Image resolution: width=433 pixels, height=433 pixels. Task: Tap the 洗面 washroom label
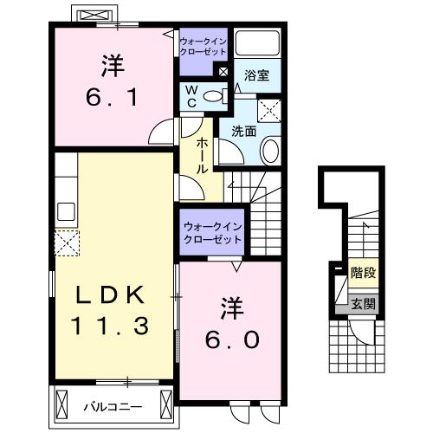pyautogui.click(x=242, y=132)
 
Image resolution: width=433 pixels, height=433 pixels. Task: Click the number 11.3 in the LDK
pyautogui.click(x=108, y=326)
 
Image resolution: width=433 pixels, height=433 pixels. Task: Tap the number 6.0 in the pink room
pyautogui.click(x=230, y=339)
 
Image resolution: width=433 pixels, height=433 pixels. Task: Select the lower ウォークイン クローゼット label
pyautogui.click(x=211, y=232)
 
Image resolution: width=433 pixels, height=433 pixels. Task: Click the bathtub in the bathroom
pyautogui.click(x=255, y=45)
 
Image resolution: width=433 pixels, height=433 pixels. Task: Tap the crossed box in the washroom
pyautogui.click(x=271, y=108)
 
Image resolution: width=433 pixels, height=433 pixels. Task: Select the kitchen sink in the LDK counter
pyautogui.click(x=66, y=210)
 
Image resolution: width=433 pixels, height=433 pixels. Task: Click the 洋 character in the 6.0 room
pyautogui.click(x=230, y=307)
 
